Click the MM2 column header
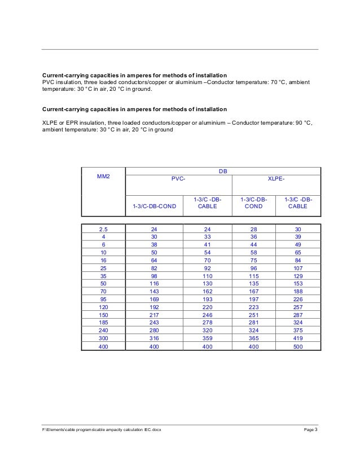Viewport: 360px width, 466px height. tap(103, 177)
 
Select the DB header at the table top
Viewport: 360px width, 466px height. tap(223, 170)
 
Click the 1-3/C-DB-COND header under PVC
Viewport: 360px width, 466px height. tap(154, 206)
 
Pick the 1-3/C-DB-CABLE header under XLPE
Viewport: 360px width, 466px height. tap(298, 203)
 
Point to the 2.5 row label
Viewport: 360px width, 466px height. tap(103, 230)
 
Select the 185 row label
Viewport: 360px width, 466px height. tap(103, 322)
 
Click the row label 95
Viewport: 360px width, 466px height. tap(103, 299)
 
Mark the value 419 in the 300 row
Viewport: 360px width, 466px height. tap(298, 337)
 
